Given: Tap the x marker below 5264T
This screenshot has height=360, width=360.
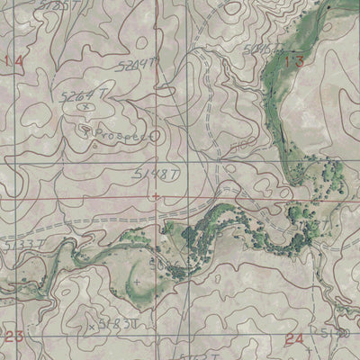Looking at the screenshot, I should [x=85, y=106].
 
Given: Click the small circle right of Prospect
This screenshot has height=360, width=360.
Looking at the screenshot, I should [x=155, y=137].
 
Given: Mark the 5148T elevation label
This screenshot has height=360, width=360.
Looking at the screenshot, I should [x=151, y=171].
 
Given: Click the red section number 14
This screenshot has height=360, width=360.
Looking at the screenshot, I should [x=13, y=61].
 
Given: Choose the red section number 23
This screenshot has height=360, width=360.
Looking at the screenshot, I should [x=13, y=337].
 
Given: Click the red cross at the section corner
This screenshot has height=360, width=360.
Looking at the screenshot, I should [x=157, y=195].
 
